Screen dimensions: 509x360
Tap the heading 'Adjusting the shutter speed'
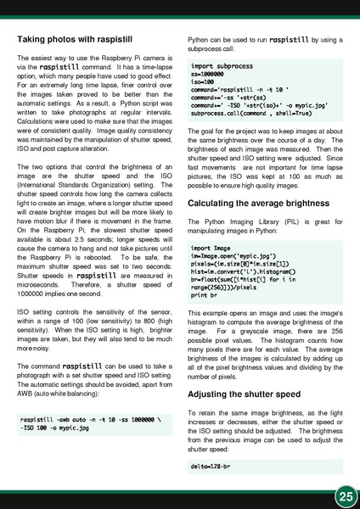tap(245, 395)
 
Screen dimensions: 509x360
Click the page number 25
tap(344, 495)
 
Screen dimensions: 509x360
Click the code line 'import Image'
tap(213, 248)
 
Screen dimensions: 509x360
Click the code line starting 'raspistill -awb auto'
tap(87, 420)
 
